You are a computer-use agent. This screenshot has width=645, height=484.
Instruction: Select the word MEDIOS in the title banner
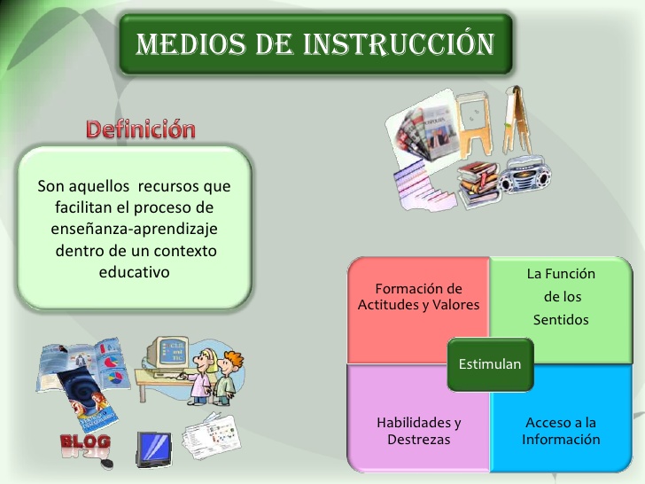(x=183, y=43)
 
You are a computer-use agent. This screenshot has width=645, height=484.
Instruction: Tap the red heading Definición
(x=140, y=129)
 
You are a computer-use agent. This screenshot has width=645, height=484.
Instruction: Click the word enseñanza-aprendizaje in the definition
(x=134, y=230)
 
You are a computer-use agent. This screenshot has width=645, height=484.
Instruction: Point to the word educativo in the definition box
(x=134, y=272)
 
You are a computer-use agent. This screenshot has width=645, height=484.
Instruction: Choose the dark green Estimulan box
(x=489, y=364)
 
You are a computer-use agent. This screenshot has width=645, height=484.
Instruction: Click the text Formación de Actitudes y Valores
(x=418, y=297)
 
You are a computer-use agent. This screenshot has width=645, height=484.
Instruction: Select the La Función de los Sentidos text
(x=561, y=297)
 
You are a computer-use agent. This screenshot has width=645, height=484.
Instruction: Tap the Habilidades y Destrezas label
(x=418, y=431)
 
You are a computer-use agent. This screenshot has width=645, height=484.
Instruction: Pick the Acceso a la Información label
(x=561, y=431)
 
